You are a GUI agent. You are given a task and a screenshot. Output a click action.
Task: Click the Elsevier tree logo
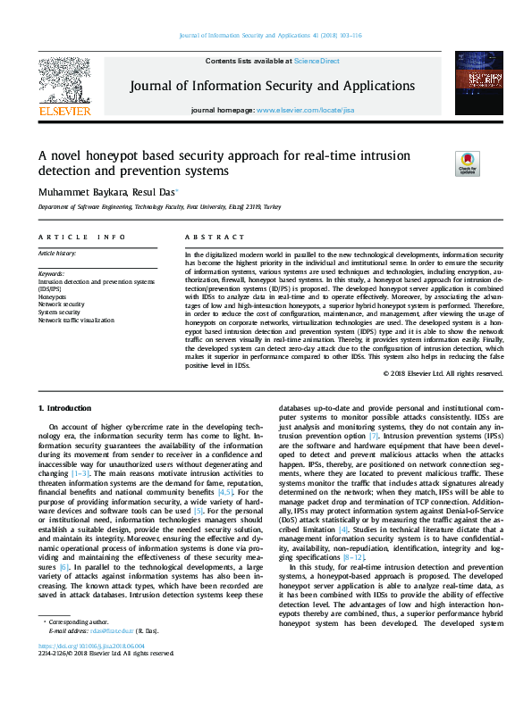coord(63,84)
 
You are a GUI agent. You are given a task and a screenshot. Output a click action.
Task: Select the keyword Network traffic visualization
coord(77,320)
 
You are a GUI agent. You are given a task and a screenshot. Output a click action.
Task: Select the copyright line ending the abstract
coord(443,373)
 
